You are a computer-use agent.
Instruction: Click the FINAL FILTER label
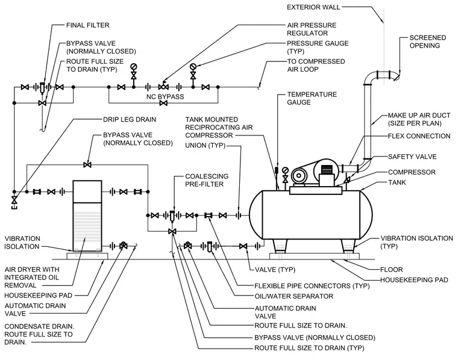coord(87,25)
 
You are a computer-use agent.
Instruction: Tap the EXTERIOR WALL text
coord(313,7)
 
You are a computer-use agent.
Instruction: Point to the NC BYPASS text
coord(165,96)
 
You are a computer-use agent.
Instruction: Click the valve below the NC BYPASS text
coord(163,103)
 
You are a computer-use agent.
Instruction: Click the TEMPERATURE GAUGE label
coord(312,98)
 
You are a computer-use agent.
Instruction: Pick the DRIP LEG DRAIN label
coord(130,119)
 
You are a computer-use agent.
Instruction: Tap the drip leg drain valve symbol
coord(14,200)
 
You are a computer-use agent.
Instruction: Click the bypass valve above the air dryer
coord(87,165)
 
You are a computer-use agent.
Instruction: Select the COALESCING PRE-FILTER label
coord(207,180)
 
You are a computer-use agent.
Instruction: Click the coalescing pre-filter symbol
coord(172,216)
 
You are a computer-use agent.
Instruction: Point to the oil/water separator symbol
coord(209,247)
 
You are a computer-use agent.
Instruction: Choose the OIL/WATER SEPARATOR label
coord(294,296)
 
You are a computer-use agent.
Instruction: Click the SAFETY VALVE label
coord(412,157)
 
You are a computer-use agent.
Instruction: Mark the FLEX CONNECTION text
coord(419,136)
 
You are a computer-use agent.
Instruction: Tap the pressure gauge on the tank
coord(285,170)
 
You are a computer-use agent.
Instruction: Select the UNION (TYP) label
coord(205,145)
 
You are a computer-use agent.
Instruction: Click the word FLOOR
coord(391,269)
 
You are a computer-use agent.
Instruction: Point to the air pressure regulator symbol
coord(163,86)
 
